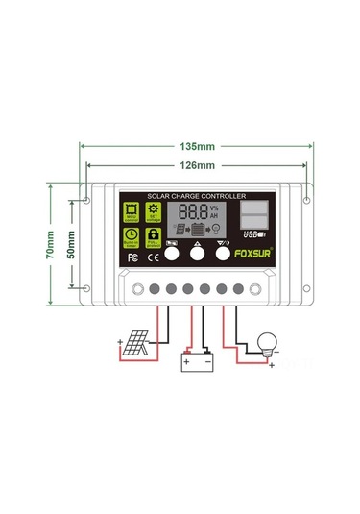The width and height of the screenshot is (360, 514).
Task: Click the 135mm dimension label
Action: (x=197, y=147)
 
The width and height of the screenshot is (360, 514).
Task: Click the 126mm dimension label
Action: (x=197, y=165)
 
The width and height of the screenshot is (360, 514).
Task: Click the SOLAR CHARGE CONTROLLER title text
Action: (x=198, y=197)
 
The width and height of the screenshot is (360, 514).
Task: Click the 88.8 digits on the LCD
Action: (x=195, y=211)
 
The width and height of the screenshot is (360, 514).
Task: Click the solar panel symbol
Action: (x=134, y=343)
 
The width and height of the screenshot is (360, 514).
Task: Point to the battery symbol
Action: (x=199, y=361)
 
